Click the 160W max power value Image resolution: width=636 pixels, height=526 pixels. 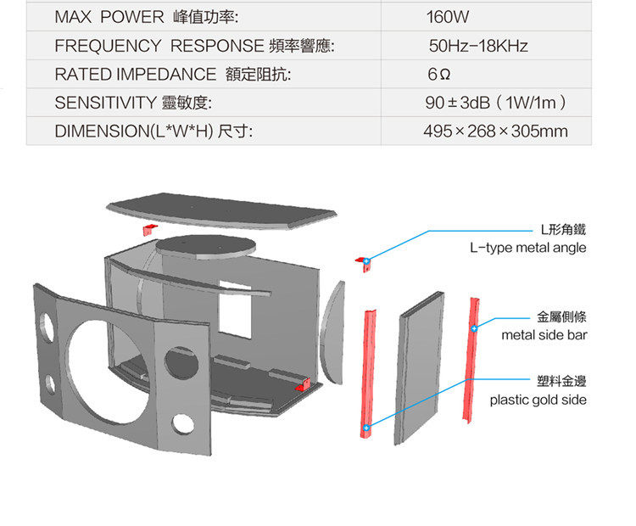[x=448, y=17]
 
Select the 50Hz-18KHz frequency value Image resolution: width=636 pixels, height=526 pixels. [x=478, y=46]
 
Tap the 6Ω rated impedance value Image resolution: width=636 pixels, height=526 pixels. [x=438, y=75]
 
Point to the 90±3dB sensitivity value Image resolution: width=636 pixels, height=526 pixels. [x=495, y=103]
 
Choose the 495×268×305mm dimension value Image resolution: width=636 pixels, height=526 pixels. [x=495, y=131]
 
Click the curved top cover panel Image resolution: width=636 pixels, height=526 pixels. [x=220, y=213]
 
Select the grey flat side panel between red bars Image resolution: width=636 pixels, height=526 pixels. [x=420, y=369]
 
